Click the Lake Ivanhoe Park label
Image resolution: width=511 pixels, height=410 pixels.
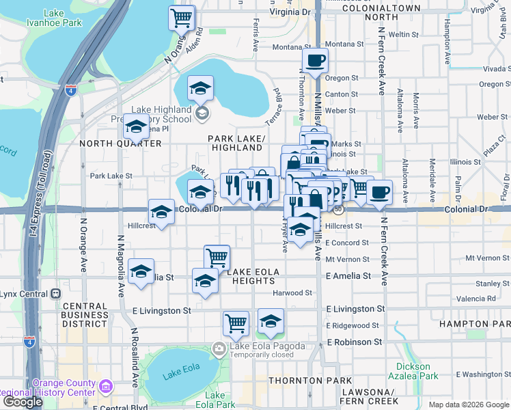(x=63, y=18)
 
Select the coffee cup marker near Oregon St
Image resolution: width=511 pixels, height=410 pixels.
(x=315, y=60)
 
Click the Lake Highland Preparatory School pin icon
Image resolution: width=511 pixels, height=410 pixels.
(x=202, y=113)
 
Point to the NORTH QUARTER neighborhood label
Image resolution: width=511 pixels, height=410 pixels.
(x=120, y=143)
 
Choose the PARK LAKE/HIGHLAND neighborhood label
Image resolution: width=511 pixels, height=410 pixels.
(x=236, y=143)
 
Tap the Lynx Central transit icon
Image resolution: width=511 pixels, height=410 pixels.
(x=56, y=294)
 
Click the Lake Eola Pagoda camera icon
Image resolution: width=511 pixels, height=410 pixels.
(x=219, y=347)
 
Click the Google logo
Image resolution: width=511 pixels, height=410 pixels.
(x=23, y=402)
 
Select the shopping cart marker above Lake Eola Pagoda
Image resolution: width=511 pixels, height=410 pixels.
(x=236, y=323)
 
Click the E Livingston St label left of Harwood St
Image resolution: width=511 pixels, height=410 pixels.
(x=162, y=310)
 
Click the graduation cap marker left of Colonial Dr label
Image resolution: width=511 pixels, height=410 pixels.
(x=162, y=211)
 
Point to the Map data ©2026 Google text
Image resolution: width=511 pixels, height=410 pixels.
(x=467, y=405)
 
